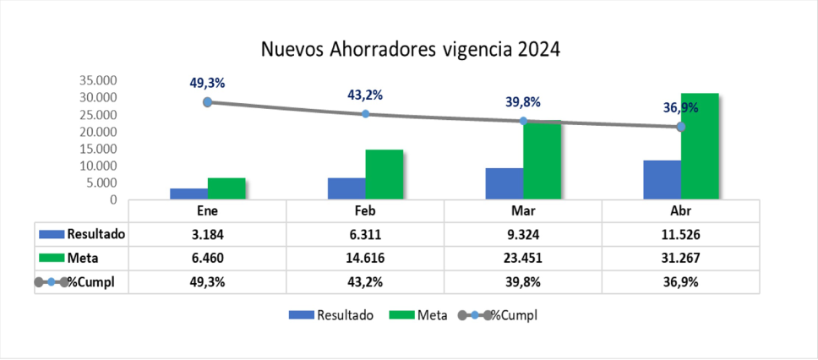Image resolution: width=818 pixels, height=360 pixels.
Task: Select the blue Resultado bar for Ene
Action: (x=188, y=194)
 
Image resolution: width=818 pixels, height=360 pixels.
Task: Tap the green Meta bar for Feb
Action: (x=384, y=174)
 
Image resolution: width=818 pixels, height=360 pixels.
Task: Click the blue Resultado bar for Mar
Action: (x=504, y=183)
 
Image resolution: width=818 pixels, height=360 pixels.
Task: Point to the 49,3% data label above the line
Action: (x=207, y=83)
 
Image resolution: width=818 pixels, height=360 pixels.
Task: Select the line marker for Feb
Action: (x=365, y=114)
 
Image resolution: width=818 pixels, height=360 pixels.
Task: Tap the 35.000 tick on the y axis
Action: (x=97, y=81)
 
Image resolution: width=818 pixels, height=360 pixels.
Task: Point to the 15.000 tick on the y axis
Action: (x=97, y=149)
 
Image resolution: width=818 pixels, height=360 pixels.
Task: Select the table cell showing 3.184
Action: (x=207, y=233)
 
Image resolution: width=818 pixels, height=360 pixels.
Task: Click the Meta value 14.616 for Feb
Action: (x=365, y=258)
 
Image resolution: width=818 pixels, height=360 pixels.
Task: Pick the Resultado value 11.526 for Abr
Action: (x=680, y=233)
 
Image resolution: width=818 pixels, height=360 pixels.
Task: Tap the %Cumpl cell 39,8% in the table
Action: (x=523, y=282)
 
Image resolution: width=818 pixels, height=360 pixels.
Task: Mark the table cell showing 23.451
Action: (x=523, y=258)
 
